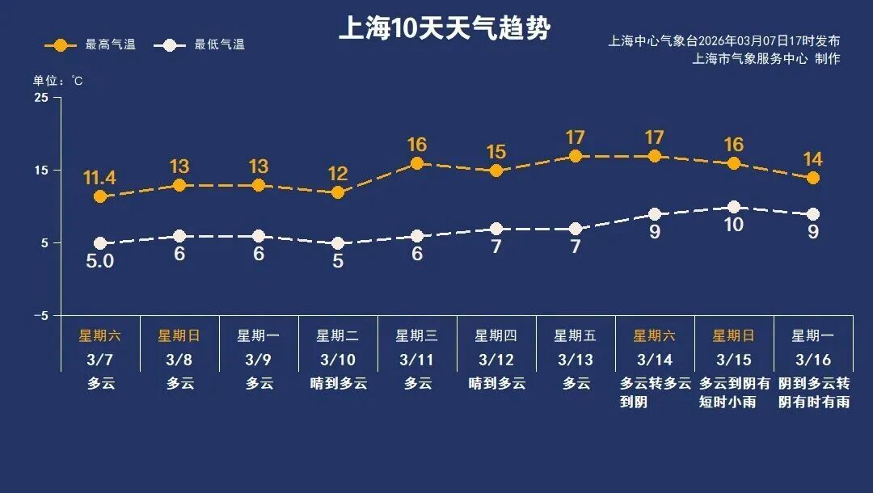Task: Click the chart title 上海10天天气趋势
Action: [x=444, y=29]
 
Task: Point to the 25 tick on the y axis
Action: [x=40, y=98]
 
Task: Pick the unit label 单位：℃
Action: [x=57, y=81]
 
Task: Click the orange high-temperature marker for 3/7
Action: [x=100, y=196]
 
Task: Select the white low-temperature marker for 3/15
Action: [x=734, y=208]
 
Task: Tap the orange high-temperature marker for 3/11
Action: [x=417, y=163]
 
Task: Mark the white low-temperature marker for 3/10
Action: [x=338, y=243]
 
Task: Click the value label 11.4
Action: [x=100, y=177]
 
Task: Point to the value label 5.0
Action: [x=100, y=262]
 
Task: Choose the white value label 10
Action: [x=733, y=225]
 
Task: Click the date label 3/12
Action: [x=496, y=360]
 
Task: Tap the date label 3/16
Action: [x=813, y=360]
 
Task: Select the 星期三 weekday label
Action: [x=417, y=335]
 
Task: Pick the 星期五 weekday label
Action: [x=576, y=335]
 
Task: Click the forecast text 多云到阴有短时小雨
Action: [x=734, y=392]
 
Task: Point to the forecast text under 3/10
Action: [x=338, y=384]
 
